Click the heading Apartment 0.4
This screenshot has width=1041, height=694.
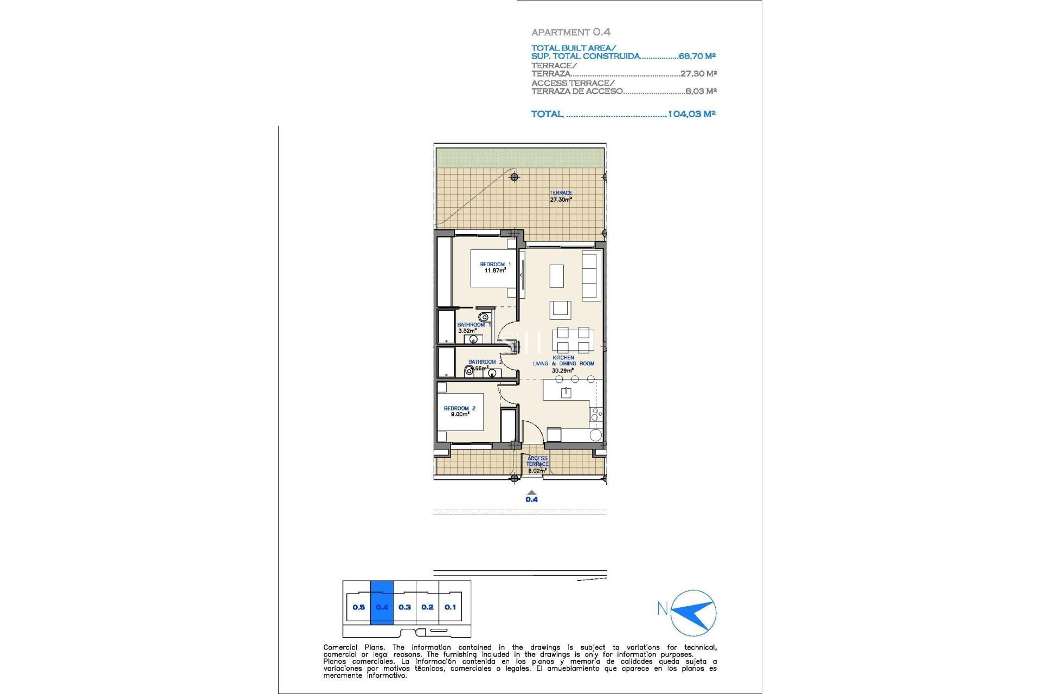(x=570, y=33)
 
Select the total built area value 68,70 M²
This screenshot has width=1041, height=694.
(x=697, y=56)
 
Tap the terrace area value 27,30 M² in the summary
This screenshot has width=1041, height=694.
(x=698, y=74)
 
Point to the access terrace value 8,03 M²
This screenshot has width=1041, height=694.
(x=701, y=91)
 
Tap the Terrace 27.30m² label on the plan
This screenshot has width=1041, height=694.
(x=561, y=196)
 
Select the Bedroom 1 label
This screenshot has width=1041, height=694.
(x=495, y=267)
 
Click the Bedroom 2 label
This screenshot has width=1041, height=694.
(x=459, y=411)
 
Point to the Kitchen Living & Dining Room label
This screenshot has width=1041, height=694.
(x=563, y=364)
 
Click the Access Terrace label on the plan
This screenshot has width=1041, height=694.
(x=537, y=464)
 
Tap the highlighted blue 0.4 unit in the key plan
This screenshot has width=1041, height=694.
(x=382, y=607)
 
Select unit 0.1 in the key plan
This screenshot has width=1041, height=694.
(x=450, y=607)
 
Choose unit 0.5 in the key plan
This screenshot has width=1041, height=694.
(x=358, y=607)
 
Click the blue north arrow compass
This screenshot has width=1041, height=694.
(x=695, y=613)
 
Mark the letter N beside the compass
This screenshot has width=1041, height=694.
(x=662, y=609)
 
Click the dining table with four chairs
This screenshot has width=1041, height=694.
(x=573, y=340)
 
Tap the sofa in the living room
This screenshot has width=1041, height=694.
(x=590, y=275)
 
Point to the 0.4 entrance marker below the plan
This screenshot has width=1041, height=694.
(x=531, y=497)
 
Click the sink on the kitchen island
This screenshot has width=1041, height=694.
(x=566, y=393)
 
